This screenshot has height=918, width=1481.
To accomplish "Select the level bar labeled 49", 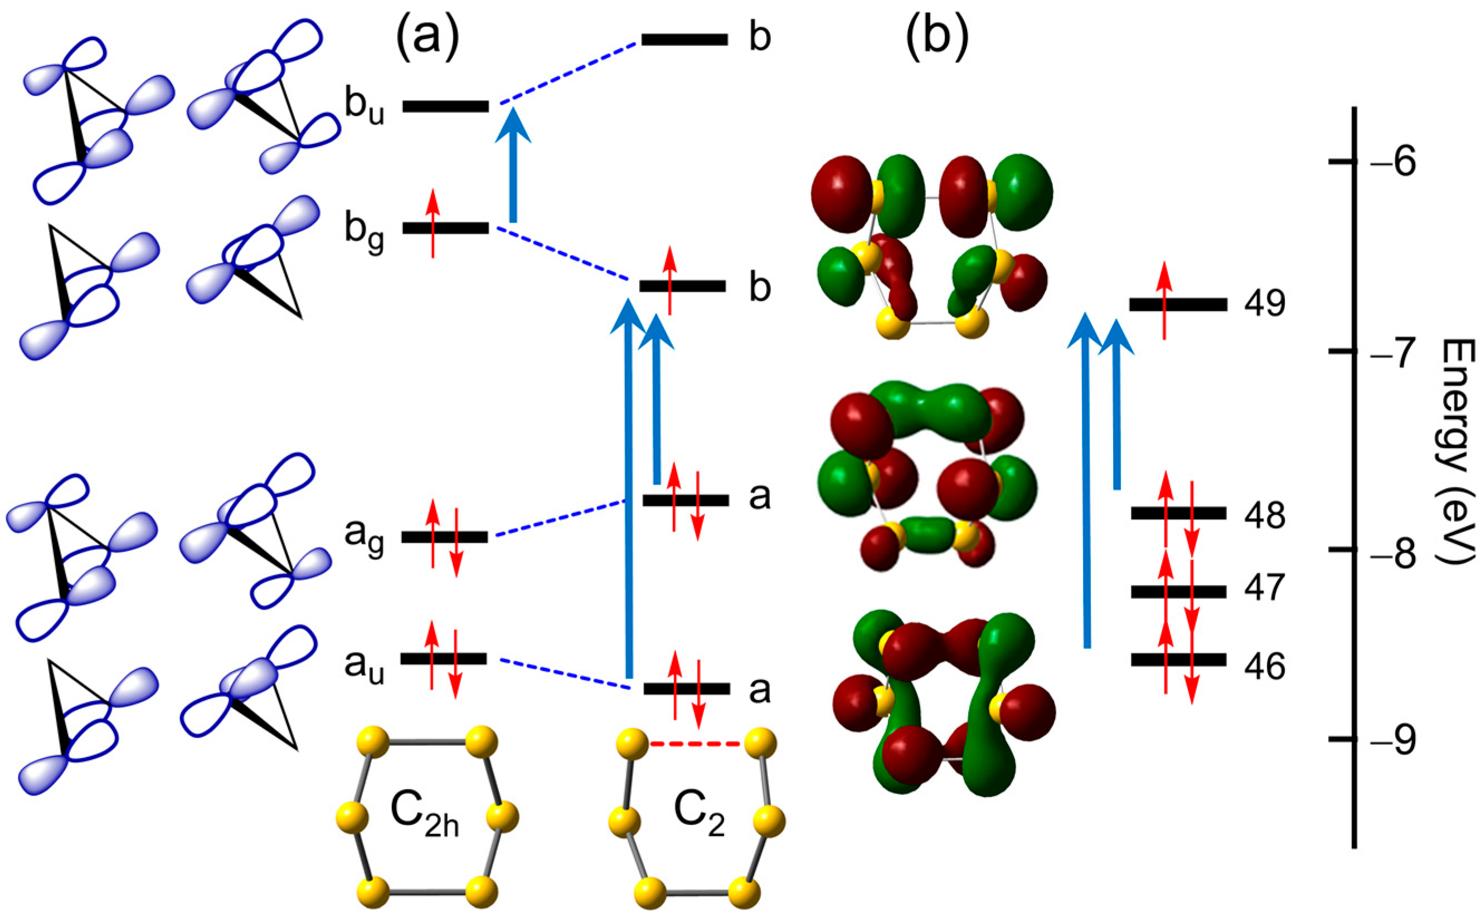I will (x=1178, y=304).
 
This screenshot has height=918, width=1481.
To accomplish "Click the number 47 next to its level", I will (x=1264, y=588).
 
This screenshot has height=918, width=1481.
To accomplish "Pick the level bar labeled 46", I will (x=1178, y=660).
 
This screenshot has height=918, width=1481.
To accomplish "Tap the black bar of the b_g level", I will (x=446, y=228).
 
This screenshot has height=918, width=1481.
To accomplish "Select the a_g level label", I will (x=365, y=538).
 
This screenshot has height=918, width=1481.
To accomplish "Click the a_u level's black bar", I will (x=444, y=659).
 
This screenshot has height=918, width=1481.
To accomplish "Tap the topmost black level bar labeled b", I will (x=684, y=40).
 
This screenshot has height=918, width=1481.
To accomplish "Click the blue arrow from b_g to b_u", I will (x=513, y=170).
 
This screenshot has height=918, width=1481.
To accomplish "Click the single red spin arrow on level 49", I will (x=1164, y=301).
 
